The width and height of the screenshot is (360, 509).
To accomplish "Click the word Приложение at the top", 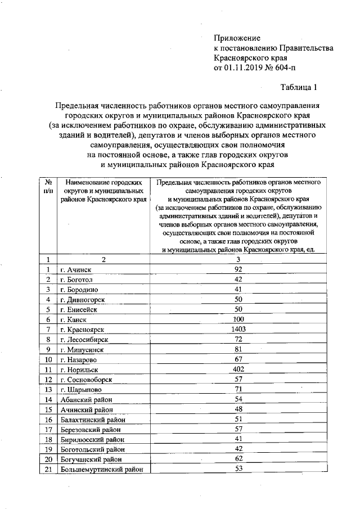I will click(237, 38).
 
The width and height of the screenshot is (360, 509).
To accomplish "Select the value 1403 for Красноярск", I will click(238, 328).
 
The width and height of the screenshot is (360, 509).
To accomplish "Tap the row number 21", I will click(48, 470).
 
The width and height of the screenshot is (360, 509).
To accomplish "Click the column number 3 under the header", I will click(238, 259).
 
